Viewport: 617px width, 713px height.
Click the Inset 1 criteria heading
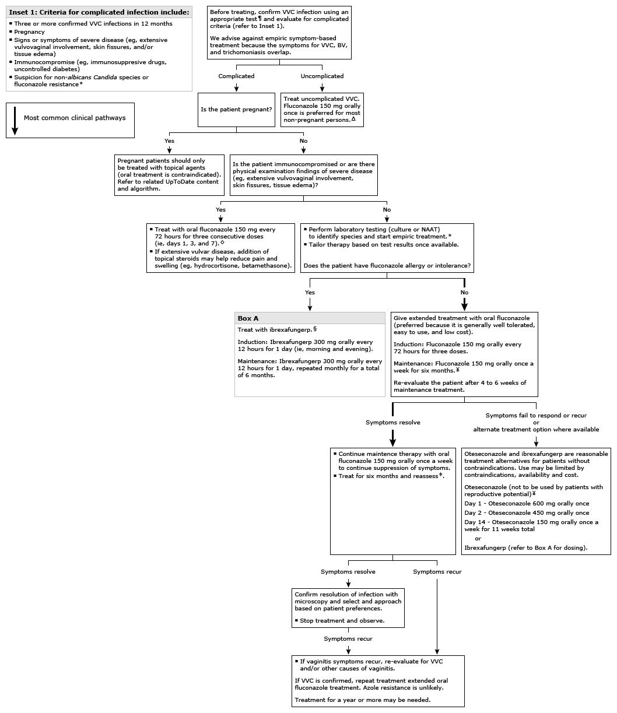99,12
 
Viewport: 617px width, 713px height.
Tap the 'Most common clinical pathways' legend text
75,118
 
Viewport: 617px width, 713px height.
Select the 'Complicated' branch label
236,76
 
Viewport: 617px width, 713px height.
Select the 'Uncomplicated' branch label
322,76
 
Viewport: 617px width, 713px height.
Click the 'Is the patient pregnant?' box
236,110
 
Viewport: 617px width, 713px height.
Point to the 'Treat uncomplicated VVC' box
322,110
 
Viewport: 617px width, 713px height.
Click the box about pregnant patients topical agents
169,174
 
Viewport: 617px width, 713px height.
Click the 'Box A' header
248,318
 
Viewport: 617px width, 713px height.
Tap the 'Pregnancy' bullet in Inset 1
30,32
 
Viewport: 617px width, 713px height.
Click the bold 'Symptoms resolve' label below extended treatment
392,422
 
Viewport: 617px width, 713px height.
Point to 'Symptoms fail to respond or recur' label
536,415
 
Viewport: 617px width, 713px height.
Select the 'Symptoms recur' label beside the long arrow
437,571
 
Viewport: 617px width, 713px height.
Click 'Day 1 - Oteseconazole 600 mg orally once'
527,503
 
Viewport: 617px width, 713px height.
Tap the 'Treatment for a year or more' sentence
363,700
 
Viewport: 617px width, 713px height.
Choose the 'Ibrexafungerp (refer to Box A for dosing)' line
525,547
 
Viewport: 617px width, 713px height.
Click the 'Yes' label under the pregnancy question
170,141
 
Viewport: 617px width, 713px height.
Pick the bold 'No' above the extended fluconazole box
464,292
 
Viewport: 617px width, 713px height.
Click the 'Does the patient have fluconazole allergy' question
387,266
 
